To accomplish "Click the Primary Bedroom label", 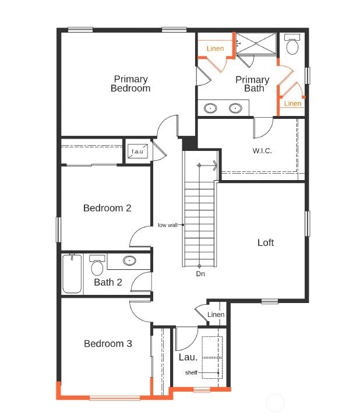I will (x=130, y=83).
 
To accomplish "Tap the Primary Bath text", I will (x=253, y=83).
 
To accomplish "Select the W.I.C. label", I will (x=262, y=150).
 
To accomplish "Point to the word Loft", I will (x=266, y=242).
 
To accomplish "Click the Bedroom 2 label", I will (x=107, y=208).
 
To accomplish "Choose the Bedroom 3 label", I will (x=108, y=344).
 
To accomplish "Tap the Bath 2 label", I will (x=108, y=283).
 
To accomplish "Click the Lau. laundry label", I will (x=188, y=357).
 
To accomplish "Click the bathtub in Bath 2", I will (x=72, y=274).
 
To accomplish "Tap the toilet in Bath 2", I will (x=97, y=266).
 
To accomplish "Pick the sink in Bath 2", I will (x=129, y=261).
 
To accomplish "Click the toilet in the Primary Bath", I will (x=292, y=44).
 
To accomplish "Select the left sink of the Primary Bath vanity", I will (x=211, y=108).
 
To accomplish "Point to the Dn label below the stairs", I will (x=200, y=273).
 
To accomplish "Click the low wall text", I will (x=167, y=225).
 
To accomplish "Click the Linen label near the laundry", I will (x=216, y=315).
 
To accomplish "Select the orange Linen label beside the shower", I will (x=215, y=49).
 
